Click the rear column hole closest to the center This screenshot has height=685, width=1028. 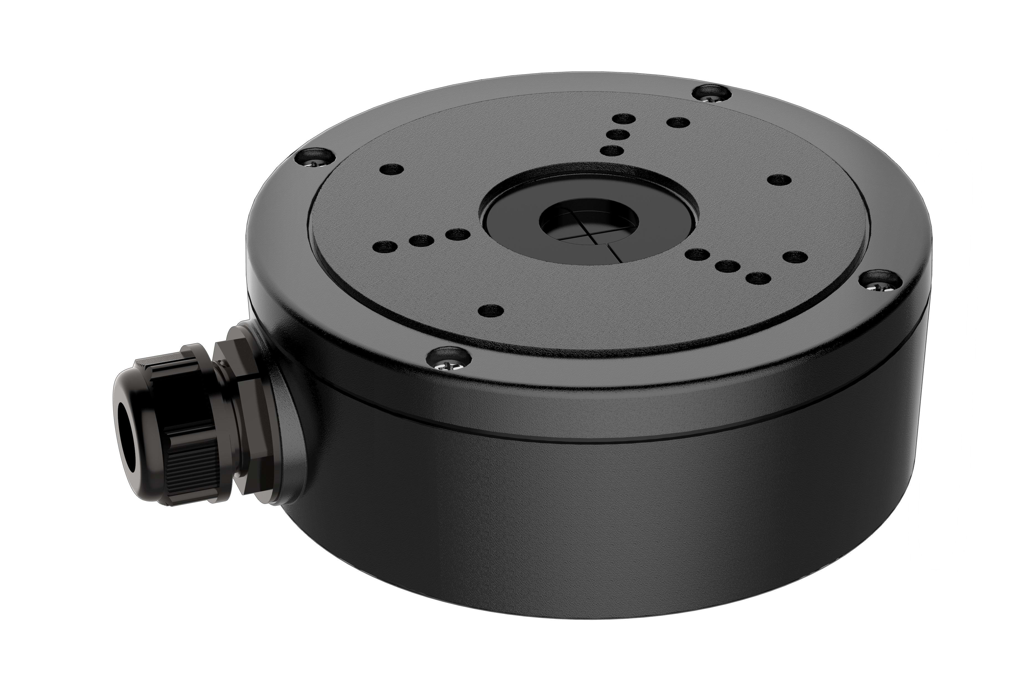(x=611, y=151)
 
